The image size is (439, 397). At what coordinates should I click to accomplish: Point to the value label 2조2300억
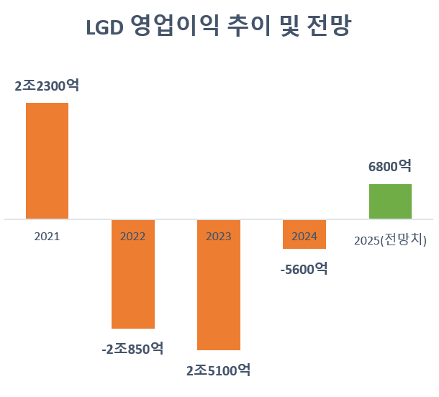47,86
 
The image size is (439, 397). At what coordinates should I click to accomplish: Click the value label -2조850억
132,349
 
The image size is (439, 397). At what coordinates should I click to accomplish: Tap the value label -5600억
304,269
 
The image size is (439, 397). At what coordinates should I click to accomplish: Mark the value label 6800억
390,166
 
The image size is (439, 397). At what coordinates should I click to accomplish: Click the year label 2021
47,236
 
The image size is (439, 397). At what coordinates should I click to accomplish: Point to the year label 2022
132,236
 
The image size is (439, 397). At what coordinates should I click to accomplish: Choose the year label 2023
218,236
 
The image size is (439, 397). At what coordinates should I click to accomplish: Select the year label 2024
304,236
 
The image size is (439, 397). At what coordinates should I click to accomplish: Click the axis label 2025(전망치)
391,239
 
